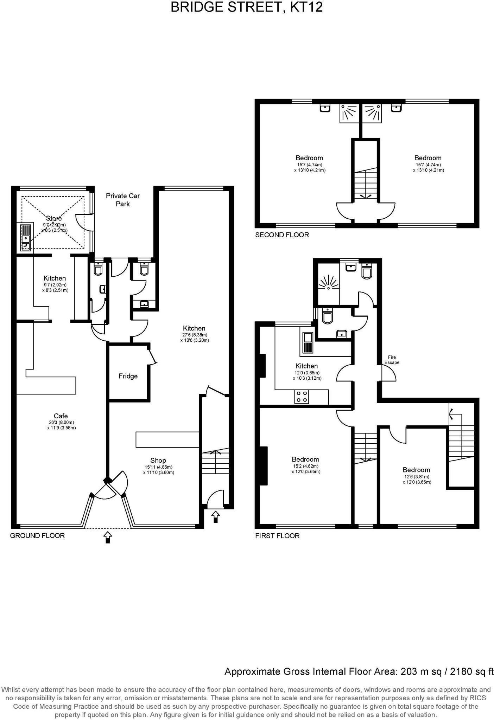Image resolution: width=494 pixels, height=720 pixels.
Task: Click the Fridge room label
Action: pyautogui.click(x=128, y=376)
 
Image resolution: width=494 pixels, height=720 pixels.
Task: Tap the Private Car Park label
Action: pyautogui.click(x=123, y=200)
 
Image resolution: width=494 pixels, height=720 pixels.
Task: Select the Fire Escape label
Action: pyautogui.click(x=392, y=360)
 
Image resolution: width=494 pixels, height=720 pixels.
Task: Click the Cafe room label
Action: pyautogui.click(x=61, y=416)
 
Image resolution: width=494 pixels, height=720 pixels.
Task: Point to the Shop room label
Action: pyautogui.click(x=158, y=460)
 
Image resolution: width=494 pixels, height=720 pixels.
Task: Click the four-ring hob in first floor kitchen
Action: pyautogui.click(x=302, y=397)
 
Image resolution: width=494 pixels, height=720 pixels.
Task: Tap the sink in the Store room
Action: pyautogui.click(x=26, y=238)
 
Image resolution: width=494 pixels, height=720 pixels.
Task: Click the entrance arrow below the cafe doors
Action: pyautogui.click(x=108, y=537)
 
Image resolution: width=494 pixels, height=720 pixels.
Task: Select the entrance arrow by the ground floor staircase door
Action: pyautogui.click(x=215, y=517)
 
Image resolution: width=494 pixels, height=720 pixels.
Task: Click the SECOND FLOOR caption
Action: pyautogui.click(x=282, y=235)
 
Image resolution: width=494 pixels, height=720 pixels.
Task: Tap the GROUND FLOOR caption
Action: pyautogui.click(x=37, y=535)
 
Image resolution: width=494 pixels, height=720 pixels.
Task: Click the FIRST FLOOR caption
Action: pyautogui.click(x=277, y=536)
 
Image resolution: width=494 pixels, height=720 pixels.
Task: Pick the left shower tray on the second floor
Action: pyautogui.click(x=349, y=113)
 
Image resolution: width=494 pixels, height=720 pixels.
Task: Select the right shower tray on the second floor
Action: pyautogui.click(x=372, y=113)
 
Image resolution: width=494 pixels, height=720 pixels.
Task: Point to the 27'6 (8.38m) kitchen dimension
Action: pyautogui.click(x=194, y=335)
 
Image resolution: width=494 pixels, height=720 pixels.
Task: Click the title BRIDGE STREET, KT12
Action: pyautogui.click(x=247, y=7)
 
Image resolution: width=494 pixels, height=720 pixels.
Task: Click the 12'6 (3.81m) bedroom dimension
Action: pyautogui.click(x=417, y=477)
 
